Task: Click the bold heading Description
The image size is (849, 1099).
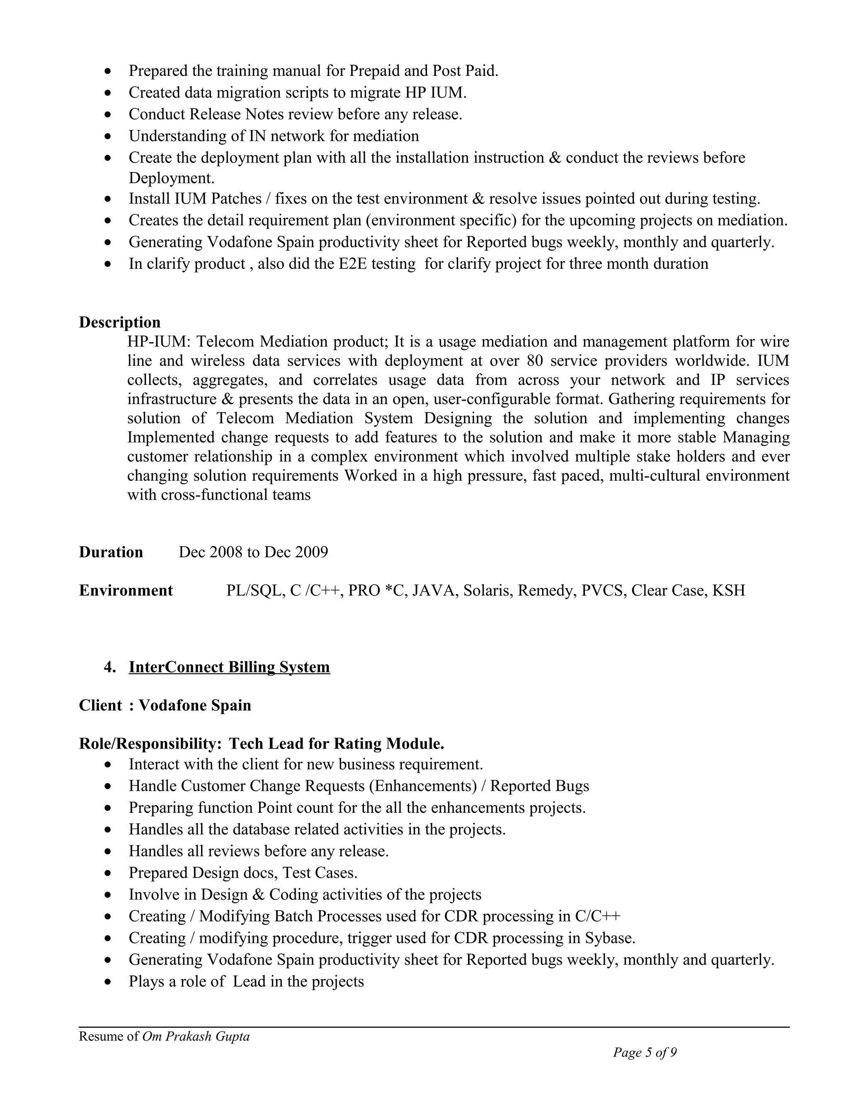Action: (x=120, y=322)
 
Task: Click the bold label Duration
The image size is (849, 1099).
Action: (x=111, y=552)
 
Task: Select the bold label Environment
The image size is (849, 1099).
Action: (x=126, y=590)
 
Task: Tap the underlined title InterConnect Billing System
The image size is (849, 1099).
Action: (x=229, y=667)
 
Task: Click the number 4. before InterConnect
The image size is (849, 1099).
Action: (x=109, y=667)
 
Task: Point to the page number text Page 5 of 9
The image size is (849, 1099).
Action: (x=644, y=1052)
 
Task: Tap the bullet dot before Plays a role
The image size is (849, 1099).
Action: (x=108, y=982)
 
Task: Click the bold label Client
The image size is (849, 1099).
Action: (x=100, y=705)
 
